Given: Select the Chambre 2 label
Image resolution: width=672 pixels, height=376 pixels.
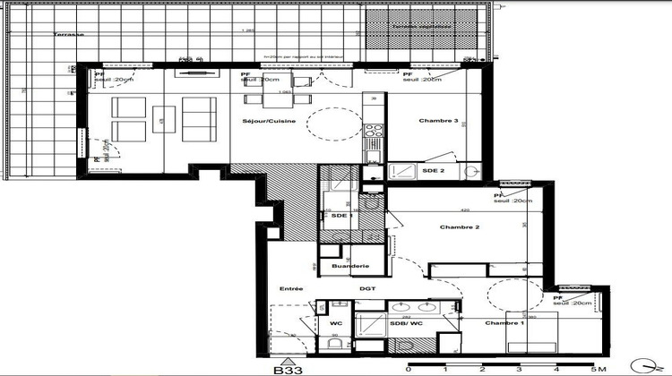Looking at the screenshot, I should click(460, 227).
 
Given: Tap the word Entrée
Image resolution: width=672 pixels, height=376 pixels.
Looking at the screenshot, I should click(290, 288).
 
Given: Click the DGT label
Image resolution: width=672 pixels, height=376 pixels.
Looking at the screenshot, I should click(367, 288).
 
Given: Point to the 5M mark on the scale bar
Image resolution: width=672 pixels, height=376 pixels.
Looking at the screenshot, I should click(592, 367).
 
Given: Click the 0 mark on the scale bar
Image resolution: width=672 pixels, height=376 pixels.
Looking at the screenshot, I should click(409, 367).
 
